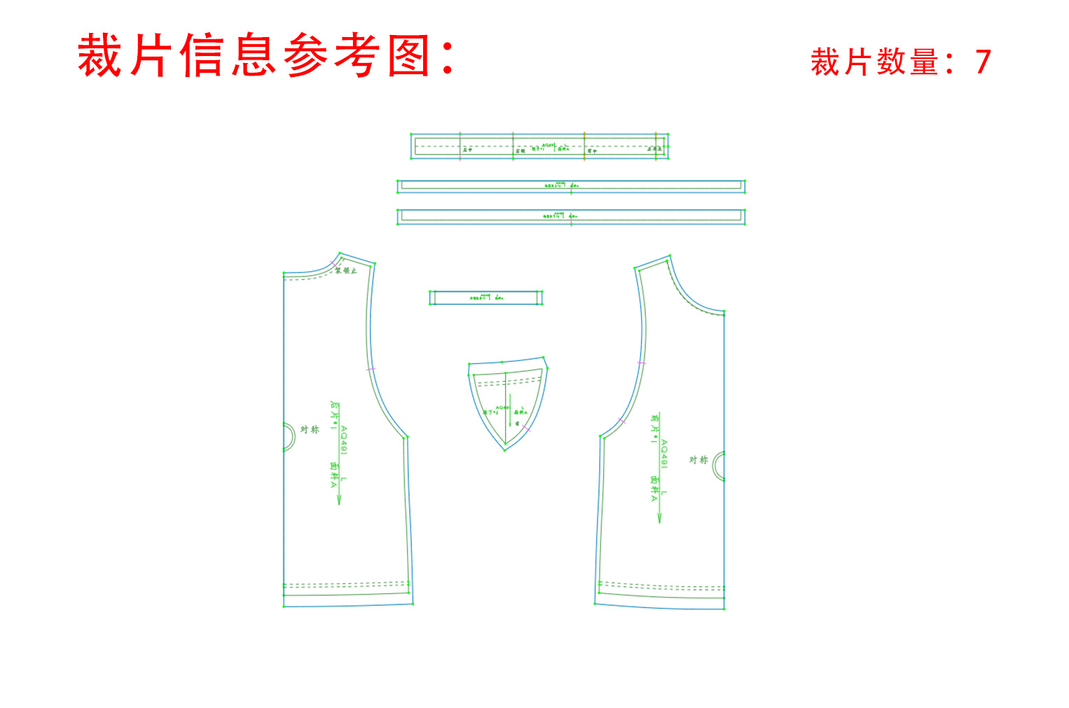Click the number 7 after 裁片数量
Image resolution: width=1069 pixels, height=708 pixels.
tap(983, 62)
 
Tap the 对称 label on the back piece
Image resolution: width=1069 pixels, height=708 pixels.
tap(310, 429)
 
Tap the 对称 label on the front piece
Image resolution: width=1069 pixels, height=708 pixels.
tap(698, 459)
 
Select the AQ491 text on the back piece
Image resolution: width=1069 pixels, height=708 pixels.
tap(343, 440)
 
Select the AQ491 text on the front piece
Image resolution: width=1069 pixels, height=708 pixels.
tap(663, 454)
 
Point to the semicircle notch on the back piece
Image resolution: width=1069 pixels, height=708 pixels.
tap(288, 437)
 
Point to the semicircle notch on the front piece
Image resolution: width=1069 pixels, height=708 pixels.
tap(719, 466)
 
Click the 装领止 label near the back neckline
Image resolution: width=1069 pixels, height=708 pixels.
tap(346, 271)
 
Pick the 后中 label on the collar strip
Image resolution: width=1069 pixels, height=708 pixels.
tap(467, 150)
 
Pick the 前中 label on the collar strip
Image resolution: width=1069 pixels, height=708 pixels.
tap(592, 151)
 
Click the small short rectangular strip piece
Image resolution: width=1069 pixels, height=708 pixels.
tap(486, 298)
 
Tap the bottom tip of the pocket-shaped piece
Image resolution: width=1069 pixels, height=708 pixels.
tap(505, 450)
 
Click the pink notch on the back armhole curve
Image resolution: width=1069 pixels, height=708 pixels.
tap(371, 368)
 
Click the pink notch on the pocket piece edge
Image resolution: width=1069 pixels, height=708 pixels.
tap(525, 427)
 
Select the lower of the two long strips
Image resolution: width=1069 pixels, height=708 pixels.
tap(571, 216)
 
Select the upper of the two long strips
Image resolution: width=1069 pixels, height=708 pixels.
tap(571, 186)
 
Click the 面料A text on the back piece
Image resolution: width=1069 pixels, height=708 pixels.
tap(333, 474)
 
